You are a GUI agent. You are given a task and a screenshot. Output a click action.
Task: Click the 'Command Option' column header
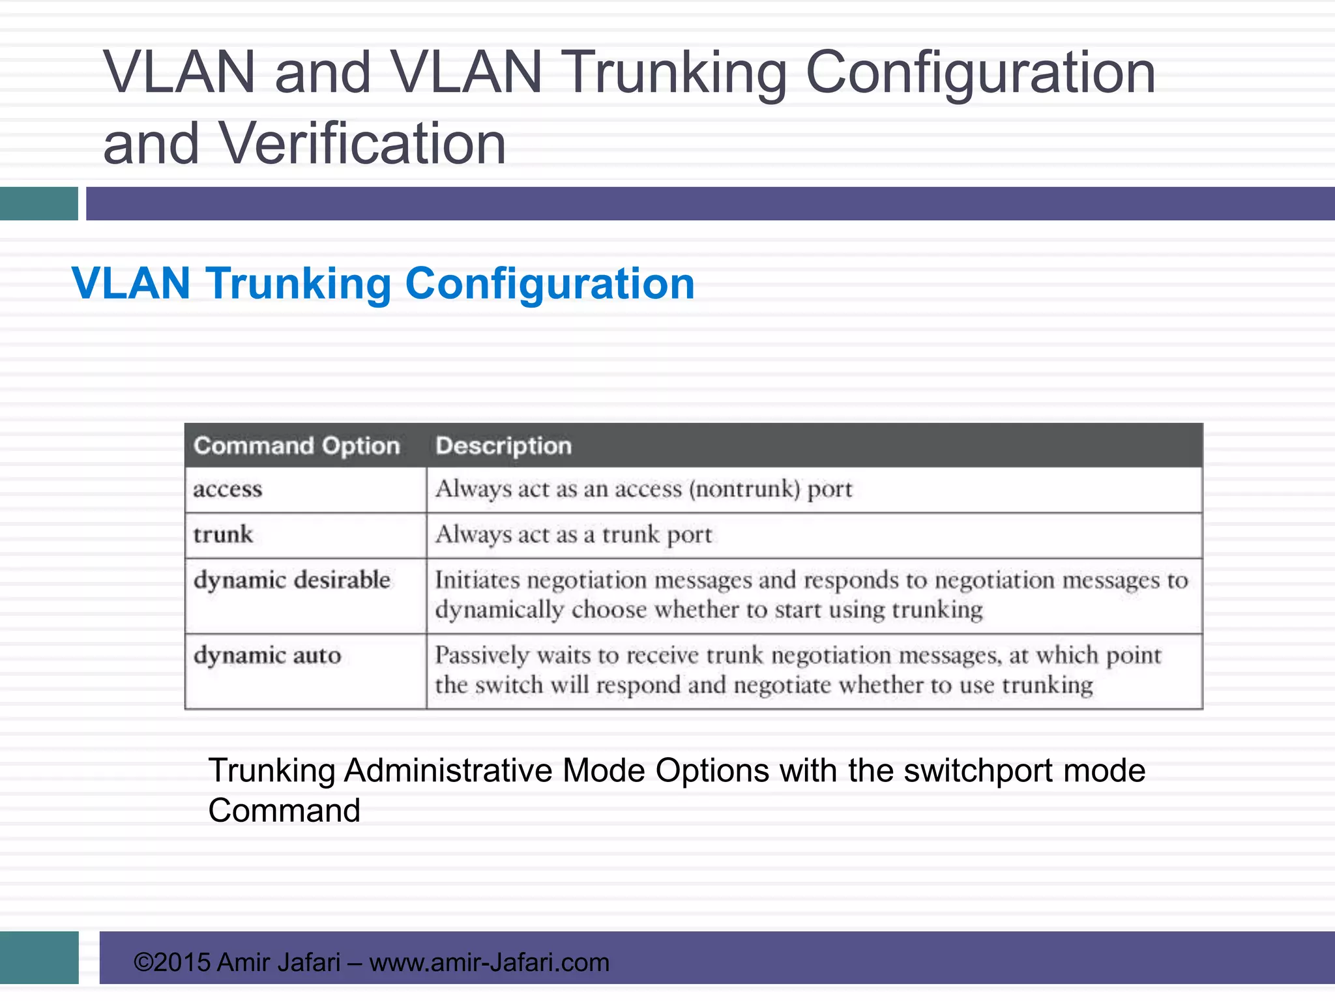pyautogui.click(x=297, y=446)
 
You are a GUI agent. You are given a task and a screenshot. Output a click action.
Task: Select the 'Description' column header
pyautogui.click(x=503, y=446)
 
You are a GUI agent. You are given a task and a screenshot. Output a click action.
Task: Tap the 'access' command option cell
pyautogui.click(x=227, y=489)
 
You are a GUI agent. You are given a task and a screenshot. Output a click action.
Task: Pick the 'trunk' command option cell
pyautogui.click(x=223, y=535)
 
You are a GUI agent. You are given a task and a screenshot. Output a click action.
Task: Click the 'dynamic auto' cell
pyautogui.click(x=267, y=656)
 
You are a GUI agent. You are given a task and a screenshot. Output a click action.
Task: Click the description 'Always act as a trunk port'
pyautogui.click(x=574, y=535)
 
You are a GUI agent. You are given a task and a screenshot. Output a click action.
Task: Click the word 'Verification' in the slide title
pyautogui.click(x=362, y=144)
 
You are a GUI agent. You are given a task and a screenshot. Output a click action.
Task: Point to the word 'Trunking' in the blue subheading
pyautogui.click(x=298, y=284)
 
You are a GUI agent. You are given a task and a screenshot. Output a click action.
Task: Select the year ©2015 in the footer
pyautogui.click(x=172, y=963)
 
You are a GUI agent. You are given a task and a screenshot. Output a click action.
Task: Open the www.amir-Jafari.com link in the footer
pyautogui.click(x=489, y=963)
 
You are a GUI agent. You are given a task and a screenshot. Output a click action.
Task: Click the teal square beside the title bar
pyautogui.click(x=39, y=203)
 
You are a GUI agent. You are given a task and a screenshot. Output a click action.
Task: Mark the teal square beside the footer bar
pyautogui.click(x=39, y=957)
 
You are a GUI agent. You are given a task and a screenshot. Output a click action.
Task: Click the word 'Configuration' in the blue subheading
pyautogui.click(x=550, y=284)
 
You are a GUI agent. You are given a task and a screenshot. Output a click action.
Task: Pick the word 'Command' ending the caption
pyautogui.click(x=284, y=811)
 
